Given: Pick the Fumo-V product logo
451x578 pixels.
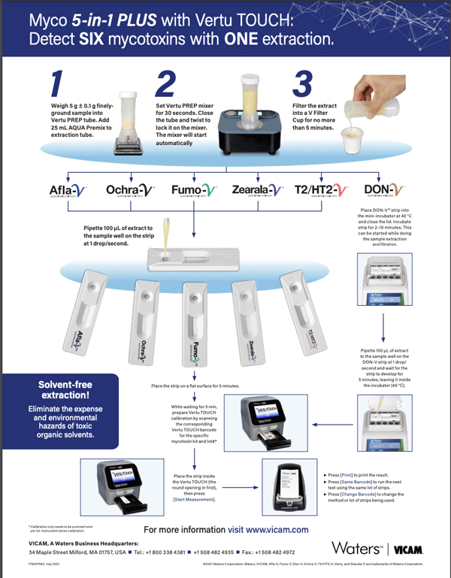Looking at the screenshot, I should click(x=195, y=190).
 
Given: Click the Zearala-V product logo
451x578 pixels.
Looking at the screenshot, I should click(x=257, y=190).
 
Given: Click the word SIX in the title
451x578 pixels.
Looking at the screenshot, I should click(x=95, y=38).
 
